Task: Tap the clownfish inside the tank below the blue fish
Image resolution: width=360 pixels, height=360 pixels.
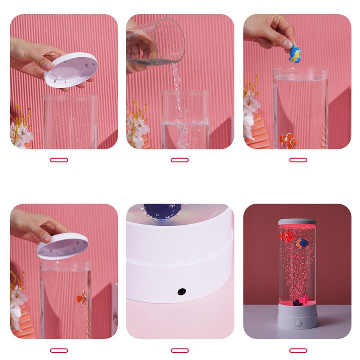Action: coord(288,140)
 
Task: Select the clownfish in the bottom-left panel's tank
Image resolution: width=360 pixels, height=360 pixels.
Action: coord(82,298)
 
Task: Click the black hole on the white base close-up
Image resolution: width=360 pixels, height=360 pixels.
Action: coord(182,291)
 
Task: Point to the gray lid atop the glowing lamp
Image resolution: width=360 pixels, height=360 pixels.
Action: coord(297,221)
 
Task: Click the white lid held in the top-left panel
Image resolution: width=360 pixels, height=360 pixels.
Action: coord(71,70)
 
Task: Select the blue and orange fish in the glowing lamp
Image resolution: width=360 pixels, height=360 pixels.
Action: coord(302,243)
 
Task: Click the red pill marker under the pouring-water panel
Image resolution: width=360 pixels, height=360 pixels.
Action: coord(180,160)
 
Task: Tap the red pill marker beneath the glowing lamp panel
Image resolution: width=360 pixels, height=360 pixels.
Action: coord(298,351)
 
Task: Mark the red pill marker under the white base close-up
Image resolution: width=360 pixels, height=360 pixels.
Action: coord(180,351)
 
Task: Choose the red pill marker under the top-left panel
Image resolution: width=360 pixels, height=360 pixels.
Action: coord(59,160)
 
